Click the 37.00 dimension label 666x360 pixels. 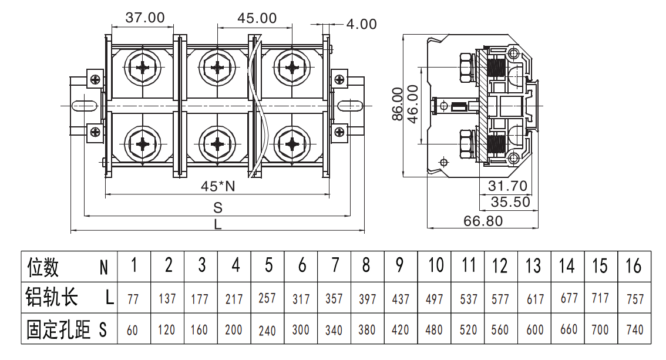(145, 18)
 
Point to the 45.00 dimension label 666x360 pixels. (257, 18)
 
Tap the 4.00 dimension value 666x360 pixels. (361, 24)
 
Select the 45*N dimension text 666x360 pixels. (218, 186)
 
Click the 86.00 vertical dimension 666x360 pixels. (397, 104)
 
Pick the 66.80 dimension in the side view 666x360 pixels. (483, 221)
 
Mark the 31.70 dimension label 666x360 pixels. (507, 186)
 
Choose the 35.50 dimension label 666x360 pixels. (510, 201)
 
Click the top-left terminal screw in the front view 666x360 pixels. (143, 68)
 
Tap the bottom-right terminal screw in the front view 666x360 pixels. (292, 144)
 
